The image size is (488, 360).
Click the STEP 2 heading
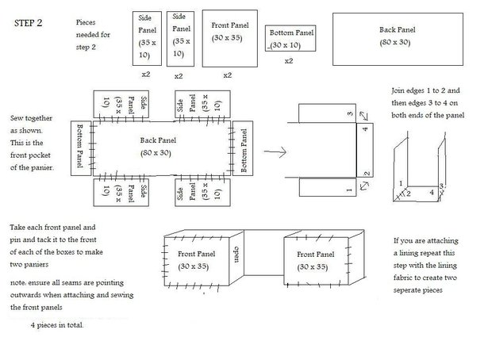(28, 23)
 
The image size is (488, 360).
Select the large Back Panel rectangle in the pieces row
(398, 39)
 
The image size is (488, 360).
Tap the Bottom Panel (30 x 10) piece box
(290, 38)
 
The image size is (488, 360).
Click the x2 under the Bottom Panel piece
(289, 61)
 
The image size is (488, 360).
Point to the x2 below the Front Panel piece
(228, 75)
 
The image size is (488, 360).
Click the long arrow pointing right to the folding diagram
(275, 151)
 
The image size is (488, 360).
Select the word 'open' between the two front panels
(236, 255)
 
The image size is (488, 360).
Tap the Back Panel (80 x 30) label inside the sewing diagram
(157, 147)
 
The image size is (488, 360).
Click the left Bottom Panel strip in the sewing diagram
(81, 148)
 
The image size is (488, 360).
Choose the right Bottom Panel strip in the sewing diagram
(243, 148)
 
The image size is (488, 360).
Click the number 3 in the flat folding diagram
(350, 113)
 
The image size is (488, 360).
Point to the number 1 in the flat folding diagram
(349, 190)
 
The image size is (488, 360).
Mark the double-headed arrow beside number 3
(363, 116)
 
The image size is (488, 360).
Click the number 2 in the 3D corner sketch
(409, 193)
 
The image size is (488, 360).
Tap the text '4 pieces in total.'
(57, 325)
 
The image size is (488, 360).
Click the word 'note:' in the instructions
(18, 283)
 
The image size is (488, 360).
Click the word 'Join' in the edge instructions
(398, 90)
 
